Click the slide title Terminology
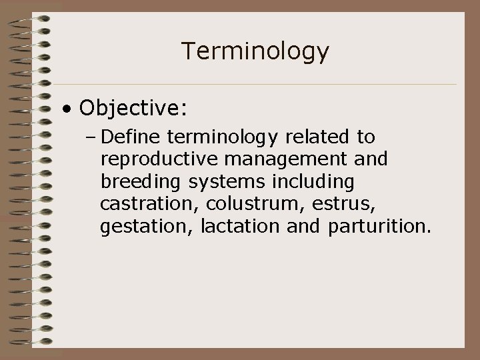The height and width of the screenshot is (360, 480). pyautogui.click(x=255, y=51)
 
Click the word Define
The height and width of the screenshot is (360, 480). pyautogui.click(x=133, y=137)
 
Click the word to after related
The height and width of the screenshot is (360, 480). pyautogui.click(x=366, y=137)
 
